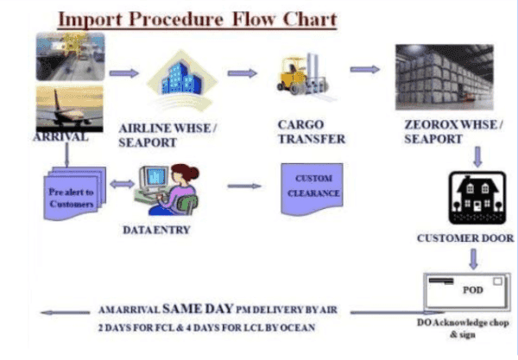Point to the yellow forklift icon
click(x=303, y=75)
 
